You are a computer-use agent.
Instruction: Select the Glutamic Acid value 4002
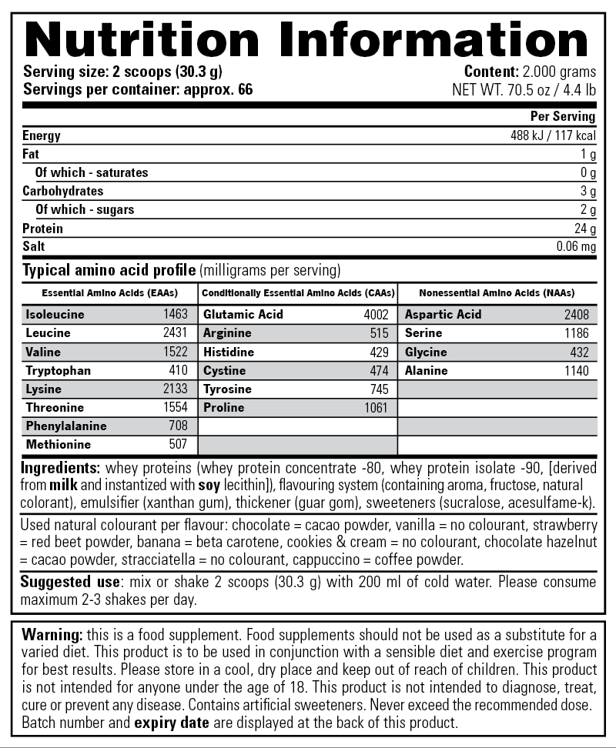click(376, 315)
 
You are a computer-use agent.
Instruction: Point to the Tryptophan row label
click(58, 371)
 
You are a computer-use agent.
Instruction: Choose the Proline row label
click(223, 408)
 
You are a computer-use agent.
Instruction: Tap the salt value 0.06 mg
click(576, 247)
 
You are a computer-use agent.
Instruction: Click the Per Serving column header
click(563, 117)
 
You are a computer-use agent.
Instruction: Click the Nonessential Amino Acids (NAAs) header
click(497, 293)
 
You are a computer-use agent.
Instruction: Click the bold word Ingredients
click(60, 468)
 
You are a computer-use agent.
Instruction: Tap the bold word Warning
click(52, 635)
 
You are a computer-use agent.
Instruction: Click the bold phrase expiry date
click(171, 723)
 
